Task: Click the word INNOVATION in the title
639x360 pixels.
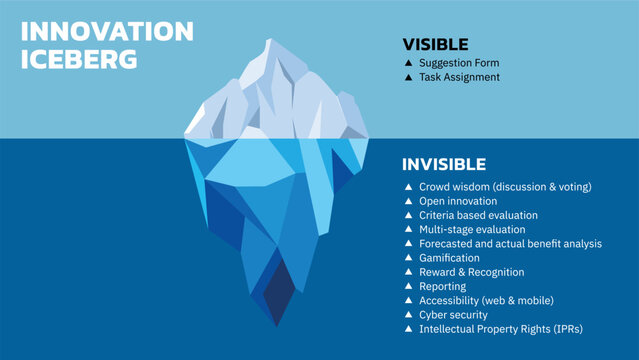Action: point(108,32)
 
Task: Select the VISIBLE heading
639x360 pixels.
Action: point(435,44)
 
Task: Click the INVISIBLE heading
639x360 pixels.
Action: point(444,164)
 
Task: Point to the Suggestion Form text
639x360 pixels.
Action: point(459,63)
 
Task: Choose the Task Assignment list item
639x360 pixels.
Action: point(459,77)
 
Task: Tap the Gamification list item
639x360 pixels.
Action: point(450,258)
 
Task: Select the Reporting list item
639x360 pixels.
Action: point(443,286)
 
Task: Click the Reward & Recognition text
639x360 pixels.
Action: point(471,272)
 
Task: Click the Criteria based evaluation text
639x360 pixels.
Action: point(478,215)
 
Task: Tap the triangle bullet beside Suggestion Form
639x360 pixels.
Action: point(408,63)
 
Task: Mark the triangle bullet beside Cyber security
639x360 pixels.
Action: point(408,315)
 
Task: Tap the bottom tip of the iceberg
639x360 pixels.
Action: point(277,324)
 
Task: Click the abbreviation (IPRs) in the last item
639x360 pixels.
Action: point(564,329)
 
